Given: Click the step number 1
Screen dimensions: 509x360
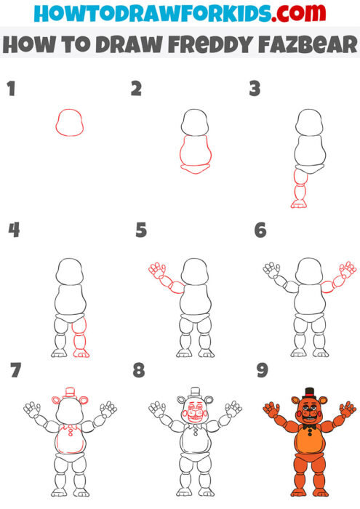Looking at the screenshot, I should [x=10, y=89].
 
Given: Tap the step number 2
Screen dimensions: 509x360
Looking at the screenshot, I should [x=136, y=89].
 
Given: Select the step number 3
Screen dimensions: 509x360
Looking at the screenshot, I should [x=255, y=89].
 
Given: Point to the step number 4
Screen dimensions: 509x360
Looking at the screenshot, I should [x=12, y=231].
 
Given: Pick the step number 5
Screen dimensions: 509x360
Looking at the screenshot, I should [x=141, y=231].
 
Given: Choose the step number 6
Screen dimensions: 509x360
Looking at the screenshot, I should [x=260, y=231].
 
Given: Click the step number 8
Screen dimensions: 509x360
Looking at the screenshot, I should [x=139, y=371].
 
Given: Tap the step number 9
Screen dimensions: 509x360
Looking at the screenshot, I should [x=263, y=371].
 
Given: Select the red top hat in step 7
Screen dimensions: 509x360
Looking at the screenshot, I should [x=70, y=393].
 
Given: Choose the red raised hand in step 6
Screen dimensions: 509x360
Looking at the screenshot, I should [x=348, y=270].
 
